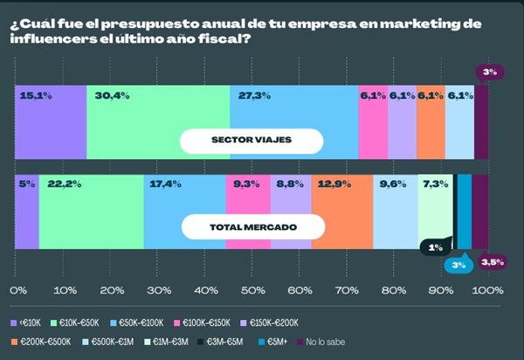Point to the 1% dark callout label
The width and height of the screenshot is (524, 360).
435,248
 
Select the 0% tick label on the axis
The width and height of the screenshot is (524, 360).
17,289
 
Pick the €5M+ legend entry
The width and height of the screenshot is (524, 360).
272,341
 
